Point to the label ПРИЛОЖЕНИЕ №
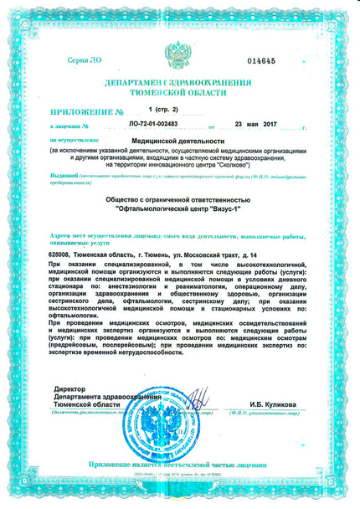point(87,112)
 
